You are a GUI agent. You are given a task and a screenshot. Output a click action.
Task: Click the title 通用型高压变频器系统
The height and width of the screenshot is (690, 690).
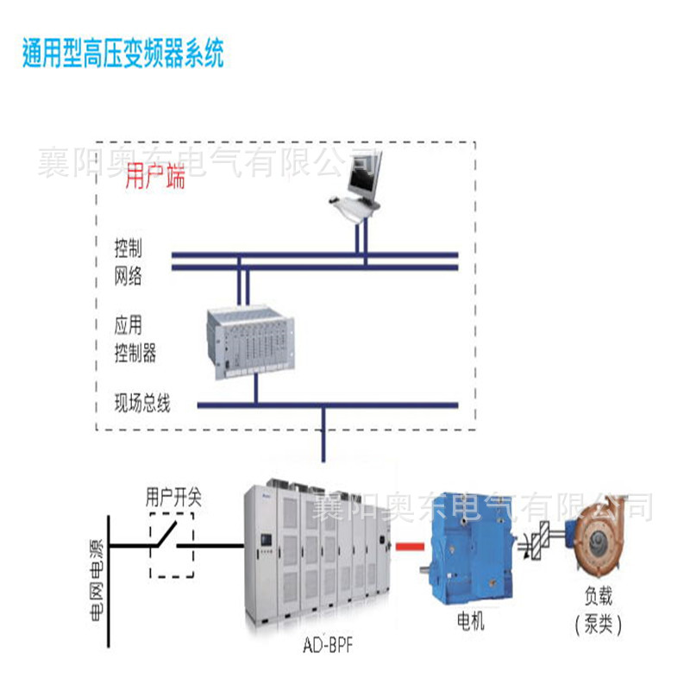point(122,55)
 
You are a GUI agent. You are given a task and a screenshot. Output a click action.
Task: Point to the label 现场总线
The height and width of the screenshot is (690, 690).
point(143,404)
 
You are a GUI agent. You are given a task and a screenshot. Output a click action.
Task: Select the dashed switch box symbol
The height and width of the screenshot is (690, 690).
point(172,545)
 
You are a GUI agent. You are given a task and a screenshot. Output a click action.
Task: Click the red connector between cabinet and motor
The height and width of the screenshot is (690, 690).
point(411,546)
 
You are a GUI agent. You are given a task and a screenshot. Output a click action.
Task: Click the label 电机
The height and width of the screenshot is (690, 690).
point(471,621)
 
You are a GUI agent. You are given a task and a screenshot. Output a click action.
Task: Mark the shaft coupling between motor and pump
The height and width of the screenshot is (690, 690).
point(541,543)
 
